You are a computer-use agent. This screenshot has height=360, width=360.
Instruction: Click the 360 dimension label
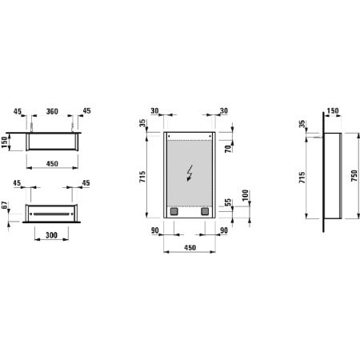[53, 111]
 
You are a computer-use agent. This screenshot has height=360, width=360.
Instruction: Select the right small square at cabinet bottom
[204, 212]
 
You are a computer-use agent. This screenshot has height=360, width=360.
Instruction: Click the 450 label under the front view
[190, 249]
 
